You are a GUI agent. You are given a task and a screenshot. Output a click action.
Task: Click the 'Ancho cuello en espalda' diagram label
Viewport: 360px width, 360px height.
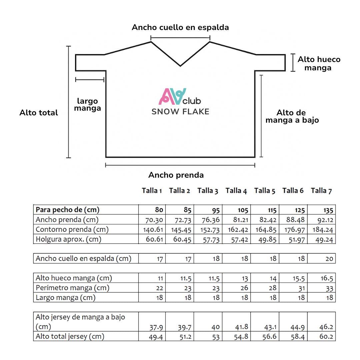tap(180, 27)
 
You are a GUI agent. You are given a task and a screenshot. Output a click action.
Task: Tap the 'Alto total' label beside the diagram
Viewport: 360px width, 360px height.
tap(39, 113)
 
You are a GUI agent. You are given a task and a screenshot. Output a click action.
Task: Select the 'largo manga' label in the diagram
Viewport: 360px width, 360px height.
tap(87, 105)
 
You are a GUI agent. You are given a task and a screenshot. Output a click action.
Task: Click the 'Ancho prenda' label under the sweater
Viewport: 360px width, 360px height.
tap(176, 175)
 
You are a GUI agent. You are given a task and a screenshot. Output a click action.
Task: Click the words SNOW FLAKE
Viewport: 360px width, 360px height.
tap(180, 112)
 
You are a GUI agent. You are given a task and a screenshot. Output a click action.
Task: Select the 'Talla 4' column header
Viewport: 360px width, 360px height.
tap(236, 191)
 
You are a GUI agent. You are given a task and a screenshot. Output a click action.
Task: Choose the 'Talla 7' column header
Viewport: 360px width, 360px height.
tap(321, 191)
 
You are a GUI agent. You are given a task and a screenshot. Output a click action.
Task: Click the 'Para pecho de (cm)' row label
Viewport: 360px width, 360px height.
tap(68, 210)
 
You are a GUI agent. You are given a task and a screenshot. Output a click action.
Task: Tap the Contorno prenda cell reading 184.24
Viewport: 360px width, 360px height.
tap(323, 230)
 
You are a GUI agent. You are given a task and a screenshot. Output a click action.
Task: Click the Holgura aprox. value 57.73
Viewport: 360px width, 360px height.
tap(211, 239)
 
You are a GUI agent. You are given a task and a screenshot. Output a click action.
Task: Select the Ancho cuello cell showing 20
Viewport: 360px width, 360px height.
tap(329, 259)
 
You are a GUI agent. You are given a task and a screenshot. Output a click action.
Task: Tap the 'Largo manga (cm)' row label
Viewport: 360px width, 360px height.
tap(65, 298)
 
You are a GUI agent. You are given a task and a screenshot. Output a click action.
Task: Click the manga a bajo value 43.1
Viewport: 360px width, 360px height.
tap(270, 327)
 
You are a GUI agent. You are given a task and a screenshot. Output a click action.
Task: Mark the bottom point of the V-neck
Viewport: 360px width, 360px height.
tap(180, 66)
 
